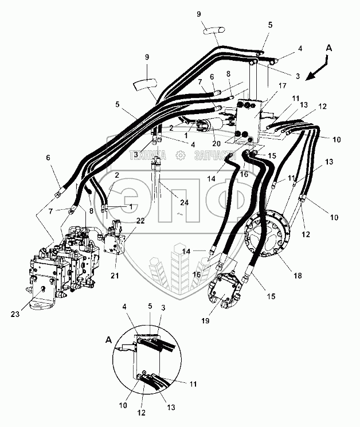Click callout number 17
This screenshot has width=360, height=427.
pyautogui.click(x=283, y=87)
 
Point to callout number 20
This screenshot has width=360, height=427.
pyautogui.click(x=217, y=143)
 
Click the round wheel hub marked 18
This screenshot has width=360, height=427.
pyautogui.click(x=269, y=235)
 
